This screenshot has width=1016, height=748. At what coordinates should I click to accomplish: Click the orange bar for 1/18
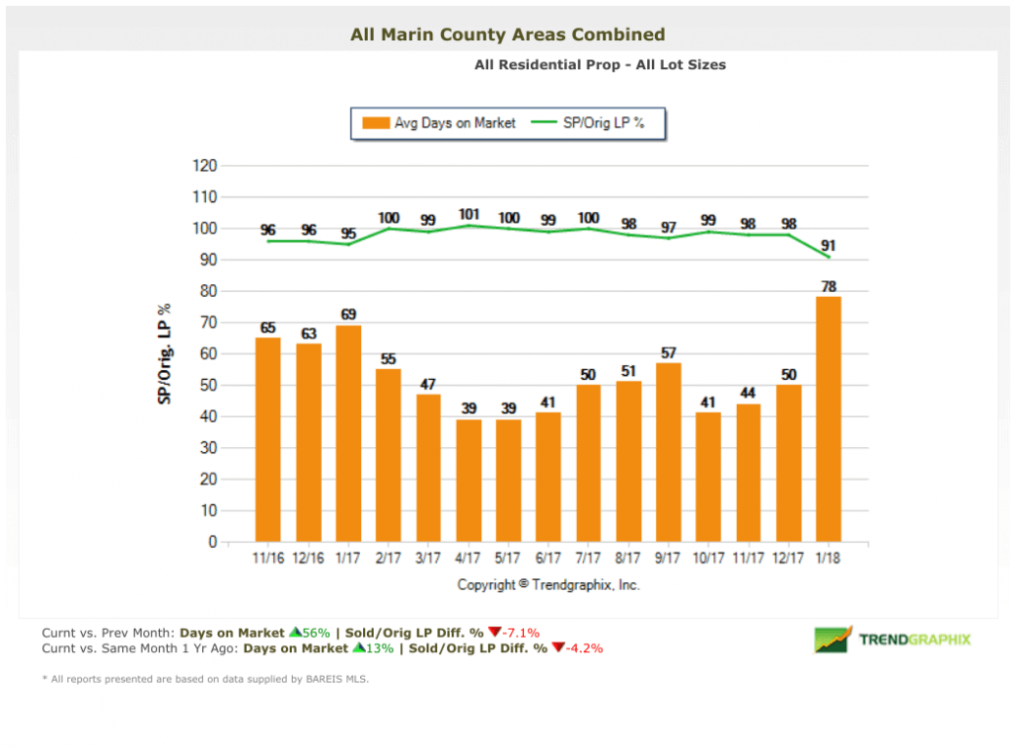829,418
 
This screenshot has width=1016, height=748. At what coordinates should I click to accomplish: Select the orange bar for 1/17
348,433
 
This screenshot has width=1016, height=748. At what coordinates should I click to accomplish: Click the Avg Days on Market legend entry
440,123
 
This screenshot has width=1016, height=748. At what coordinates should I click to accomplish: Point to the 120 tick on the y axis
203,166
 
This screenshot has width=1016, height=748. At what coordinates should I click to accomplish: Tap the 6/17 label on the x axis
548,559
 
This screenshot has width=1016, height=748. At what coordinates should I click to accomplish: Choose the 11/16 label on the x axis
268,559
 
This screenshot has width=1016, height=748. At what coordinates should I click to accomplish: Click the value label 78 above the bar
829,286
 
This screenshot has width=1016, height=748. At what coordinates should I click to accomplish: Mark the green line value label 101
469,213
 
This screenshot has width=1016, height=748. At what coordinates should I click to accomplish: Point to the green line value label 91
829,245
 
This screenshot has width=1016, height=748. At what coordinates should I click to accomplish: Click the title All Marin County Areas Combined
507,35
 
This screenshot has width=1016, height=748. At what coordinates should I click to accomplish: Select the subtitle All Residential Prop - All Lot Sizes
600,65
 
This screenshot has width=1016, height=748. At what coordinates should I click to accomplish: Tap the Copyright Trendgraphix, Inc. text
548,584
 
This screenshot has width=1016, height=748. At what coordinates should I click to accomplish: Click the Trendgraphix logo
892,639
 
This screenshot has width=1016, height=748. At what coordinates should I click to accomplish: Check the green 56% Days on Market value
316,633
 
